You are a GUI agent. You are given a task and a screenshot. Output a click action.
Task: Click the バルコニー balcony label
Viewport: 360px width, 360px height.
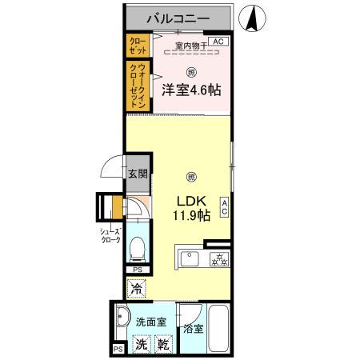pos(178,16)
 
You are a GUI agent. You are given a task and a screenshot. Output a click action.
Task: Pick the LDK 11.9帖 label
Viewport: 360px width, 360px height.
pos(190,209)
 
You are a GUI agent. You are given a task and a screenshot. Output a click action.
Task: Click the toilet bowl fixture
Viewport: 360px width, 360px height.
pos(136,248)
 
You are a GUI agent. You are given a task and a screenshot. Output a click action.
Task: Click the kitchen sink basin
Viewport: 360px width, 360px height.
pos(190,258)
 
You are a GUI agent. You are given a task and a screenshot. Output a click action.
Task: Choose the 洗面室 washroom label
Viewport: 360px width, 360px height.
pos(150,322)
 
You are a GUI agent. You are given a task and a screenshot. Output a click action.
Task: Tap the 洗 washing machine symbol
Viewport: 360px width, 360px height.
pos(140,345)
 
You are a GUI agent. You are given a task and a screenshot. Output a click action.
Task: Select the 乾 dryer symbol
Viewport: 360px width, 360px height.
pos(162,345)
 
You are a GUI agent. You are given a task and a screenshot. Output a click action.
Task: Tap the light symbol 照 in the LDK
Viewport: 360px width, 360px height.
pos(190,176)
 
